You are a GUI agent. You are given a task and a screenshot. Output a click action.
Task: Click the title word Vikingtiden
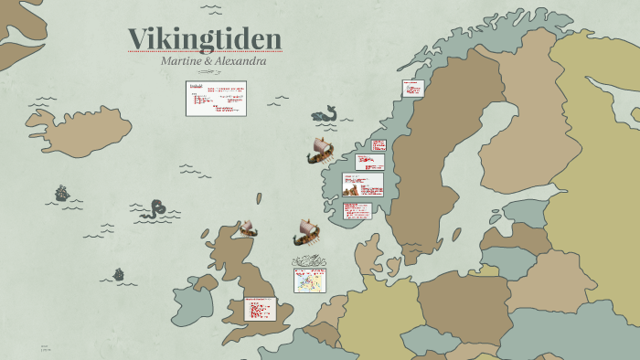(204, 38)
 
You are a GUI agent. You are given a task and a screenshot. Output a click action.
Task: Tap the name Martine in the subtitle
(182, 61)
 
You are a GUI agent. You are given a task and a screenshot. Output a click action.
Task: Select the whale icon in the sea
(325, 114)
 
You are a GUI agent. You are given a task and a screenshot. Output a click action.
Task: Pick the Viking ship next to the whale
(320, 152)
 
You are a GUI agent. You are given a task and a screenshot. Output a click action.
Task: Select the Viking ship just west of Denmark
(307, 233)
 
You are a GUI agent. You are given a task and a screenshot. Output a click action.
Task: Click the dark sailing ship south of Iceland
(61, 193)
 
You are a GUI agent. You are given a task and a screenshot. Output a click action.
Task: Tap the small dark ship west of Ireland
(118, 273)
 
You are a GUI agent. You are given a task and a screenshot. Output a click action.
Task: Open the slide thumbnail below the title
(216, 98)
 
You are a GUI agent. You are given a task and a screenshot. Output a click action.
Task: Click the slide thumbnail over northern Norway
(412, 88)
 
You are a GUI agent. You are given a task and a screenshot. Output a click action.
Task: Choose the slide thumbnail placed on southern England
(260, 309)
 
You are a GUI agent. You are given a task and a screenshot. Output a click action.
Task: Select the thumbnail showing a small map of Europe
(309, 280)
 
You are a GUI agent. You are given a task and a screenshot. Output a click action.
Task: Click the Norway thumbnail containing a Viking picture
(362, 185)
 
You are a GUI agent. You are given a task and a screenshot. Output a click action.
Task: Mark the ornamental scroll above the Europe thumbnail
(309, 261)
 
